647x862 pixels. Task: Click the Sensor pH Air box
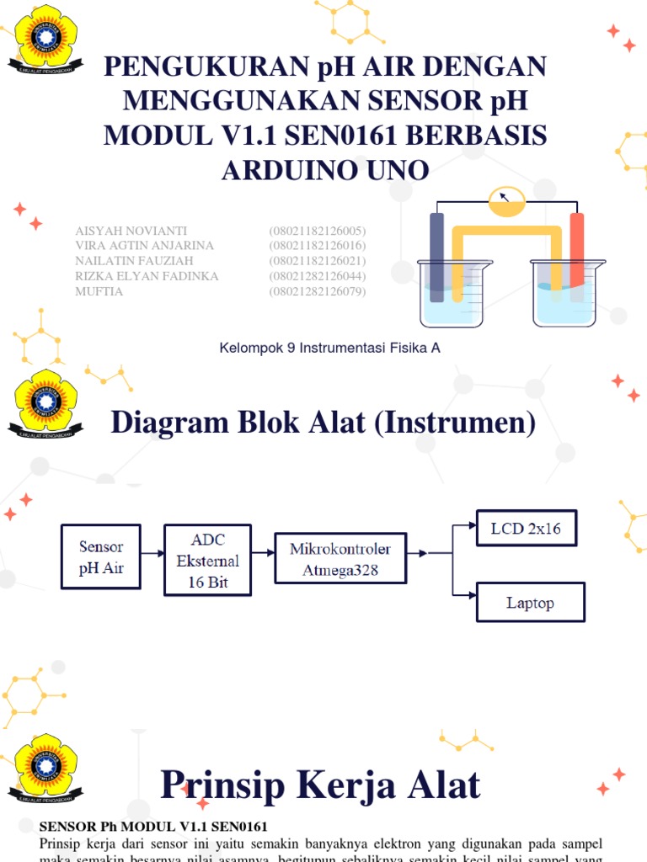pos(101,556)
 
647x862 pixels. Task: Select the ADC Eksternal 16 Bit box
pos(208,560)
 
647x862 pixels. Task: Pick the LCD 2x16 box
pos(527,529)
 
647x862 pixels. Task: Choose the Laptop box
pos(530,602)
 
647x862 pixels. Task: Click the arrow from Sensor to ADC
pos(152,553)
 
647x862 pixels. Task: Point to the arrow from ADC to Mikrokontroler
pos(264,553)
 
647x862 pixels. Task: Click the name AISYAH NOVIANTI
pos(131,231)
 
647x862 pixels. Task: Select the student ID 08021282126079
pos(318,291)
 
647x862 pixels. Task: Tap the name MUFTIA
pos(99,291)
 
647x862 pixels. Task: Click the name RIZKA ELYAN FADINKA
pos(147,276)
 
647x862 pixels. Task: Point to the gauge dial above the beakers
pos(506,200)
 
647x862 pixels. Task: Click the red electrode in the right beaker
pos(577,257)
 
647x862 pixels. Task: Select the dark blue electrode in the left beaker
pos(436,257)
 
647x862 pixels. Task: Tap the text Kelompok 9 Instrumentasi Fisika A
pos(329,347)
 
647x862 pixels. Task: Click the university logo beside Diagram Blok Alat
pos(45,402)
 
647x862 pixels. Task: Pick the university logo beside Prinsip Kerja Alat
pos(45,768)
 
